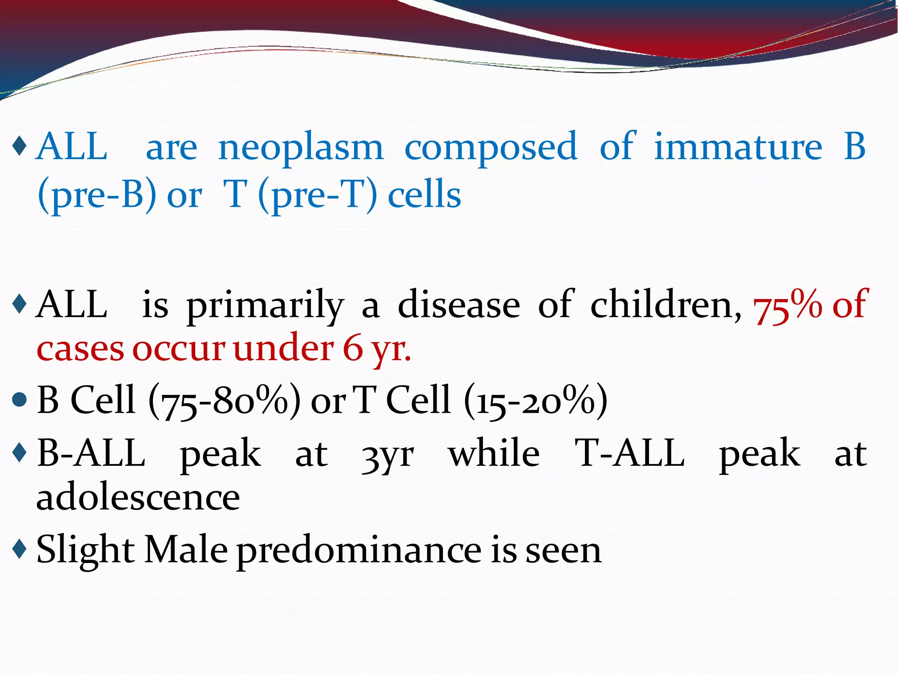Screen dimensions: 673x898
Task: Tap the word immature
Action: pos(738,147)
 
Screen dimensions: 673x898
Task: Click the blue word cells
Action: pos(424,195)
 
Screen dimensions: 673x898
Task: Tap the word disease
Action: pos(459,305)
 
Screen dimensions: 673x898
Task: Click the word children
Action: pos(666,305)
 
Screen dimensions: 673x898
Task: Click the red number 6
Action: pos(353,349)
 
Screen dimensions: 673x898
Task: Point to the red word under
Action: pos(283,349)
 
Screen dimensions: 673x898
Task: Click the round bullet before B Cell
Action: pos(20,400)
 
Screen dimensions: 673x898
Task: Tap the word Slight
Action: pos(86,550)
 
